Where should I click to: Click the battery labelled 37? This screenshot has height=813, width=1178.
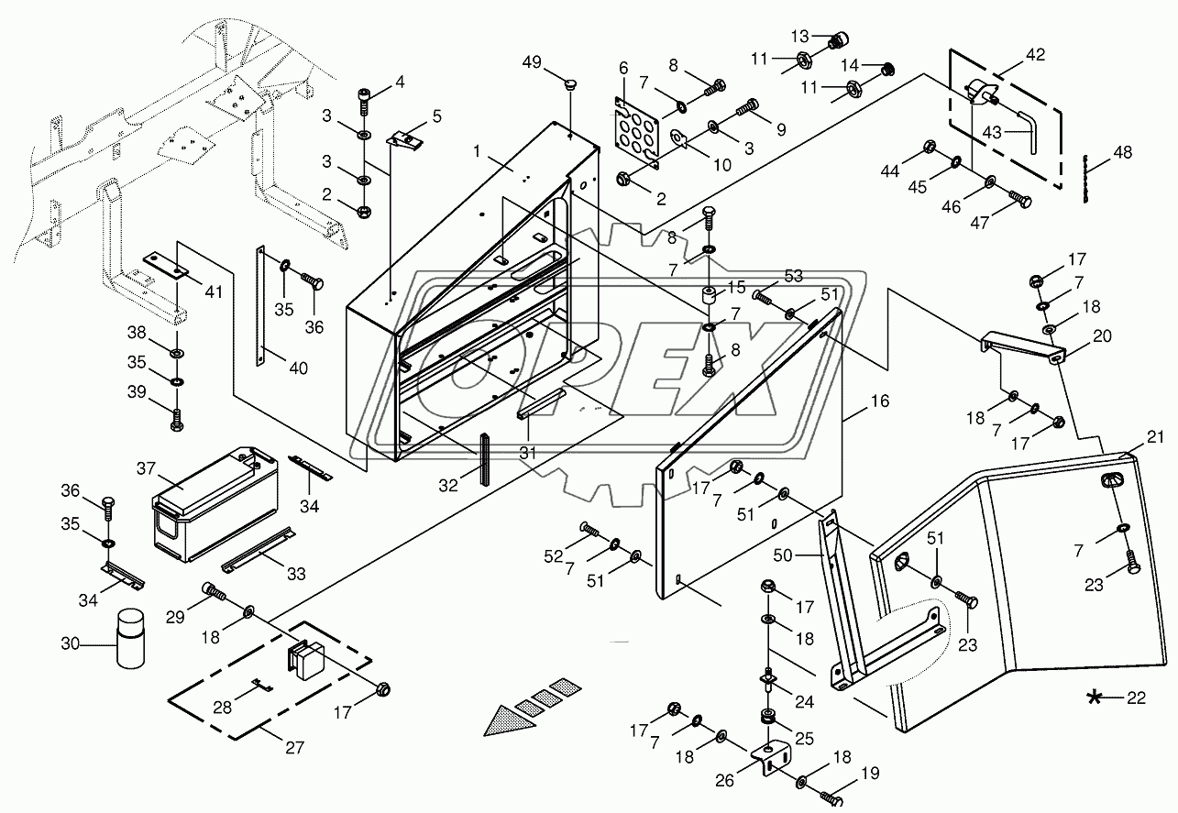click(215, 505)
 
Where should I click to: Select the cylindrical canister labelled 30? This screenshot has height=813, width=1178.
click(130, 639)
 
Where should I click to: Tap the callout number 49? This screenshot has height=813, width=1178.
click(532, 62)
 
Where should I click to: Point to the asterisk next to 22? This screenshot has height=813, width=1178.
click(1095, 698)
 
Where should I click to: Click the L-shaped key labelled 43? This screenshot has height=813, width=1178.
click(1027, 131)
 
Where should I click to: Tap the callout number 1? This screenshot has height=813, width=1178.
click(477, 151)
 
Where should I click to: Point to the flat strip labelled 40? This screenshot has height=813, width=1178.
click(259, 305)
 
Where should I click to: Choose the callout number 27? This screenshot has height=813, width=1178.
click(294, 747)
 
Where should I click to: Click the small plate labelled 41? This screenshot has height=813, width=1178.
click(166, 265)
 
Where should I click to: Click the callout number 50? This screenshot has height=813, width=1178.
click(783, 555)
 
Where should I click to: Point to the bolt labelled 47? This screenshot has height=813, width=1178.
click(1020, 200)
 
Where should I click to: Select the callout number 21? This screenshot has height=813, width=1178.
click(1155, 437)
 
